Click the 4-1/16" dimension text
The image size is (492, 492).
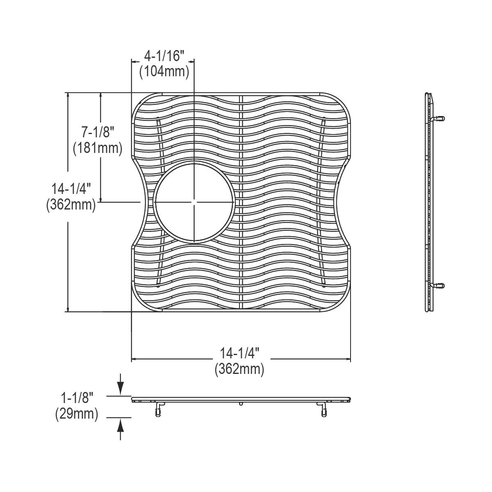pos(164,55)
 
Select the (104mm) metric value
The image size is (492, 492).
pos(164,72)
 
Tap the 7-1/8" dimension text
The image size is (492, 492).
pos(97,132)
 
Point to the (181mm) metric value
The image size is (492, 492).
pos(97,148)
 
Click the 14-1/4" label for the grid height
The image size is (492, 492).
pos(71,189)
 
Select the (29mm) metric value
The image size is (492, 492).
pos(77,414)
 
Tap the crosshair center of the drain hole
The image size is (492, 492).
pos(194,202)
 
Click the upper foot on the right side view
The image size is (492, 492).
pos(438,118)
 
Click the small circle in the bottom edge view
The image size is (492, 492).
pos(241,404)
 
